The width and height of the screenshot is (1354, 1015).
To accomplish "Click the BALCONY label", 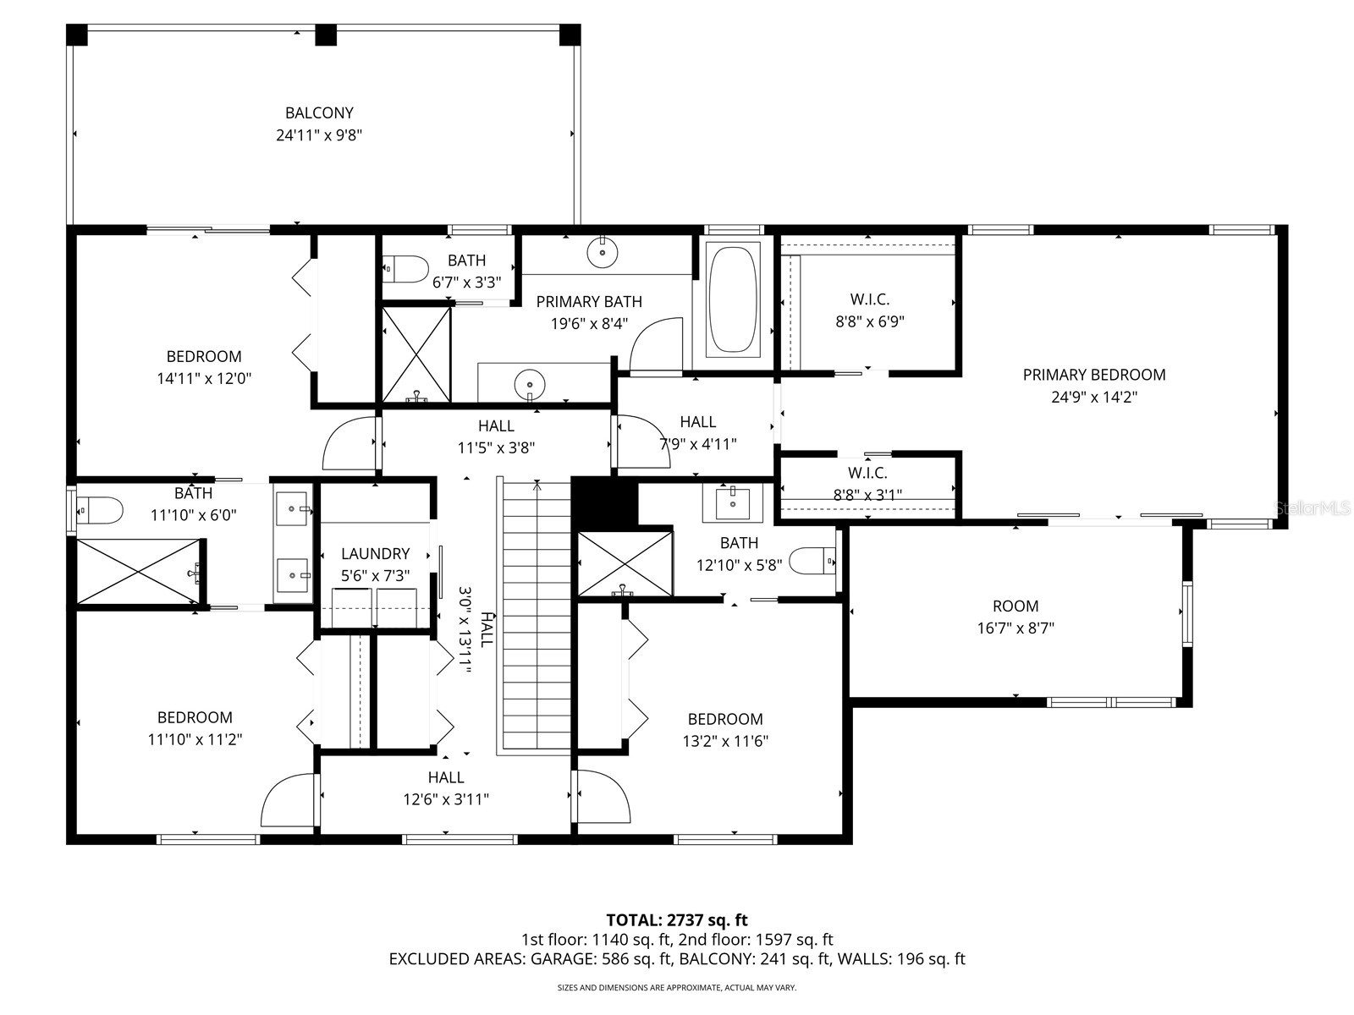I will click(319, 112).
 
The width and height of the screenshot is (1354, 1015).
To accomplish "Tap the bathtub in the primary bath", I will click(733, 298).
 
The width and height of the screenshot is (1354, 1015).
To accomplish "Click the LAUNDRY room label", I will click(375, 554).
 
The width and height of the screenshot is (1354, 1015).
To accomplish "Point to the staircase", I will click(537, 613).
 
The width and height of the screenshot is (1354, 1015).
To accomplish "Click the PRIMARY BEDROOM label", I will click(1093, 375).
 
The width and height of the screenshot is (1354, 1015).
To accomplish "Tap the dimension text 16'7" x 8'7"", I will click(1015, 628).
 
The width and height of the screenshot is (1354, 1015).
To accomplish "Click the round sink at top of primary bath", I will click(603, 251).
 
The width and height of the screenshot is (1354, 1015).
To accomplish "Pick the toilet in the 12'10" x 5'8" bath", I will click(812, 561).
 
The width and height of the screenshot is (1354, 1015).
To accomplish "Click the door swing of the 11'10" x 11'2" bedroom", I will click(289, 801).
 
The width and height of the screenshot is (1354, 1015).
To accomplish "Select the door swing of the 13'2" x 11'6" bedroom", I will click(603, 797).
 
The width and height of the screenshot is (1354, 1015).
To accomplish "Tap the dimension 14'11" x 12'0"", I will click(204, 379).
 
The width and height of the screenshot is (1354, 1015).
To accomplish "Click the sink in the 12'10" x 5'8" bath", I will click(732, 503).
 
